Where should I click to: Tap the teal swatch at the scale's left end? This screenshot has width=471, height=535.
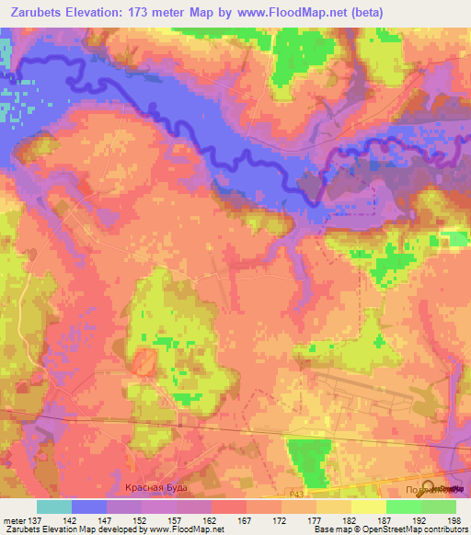point(54,507)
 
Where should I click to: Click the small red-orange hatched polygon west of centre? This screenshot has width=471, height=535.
point(143,362)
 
